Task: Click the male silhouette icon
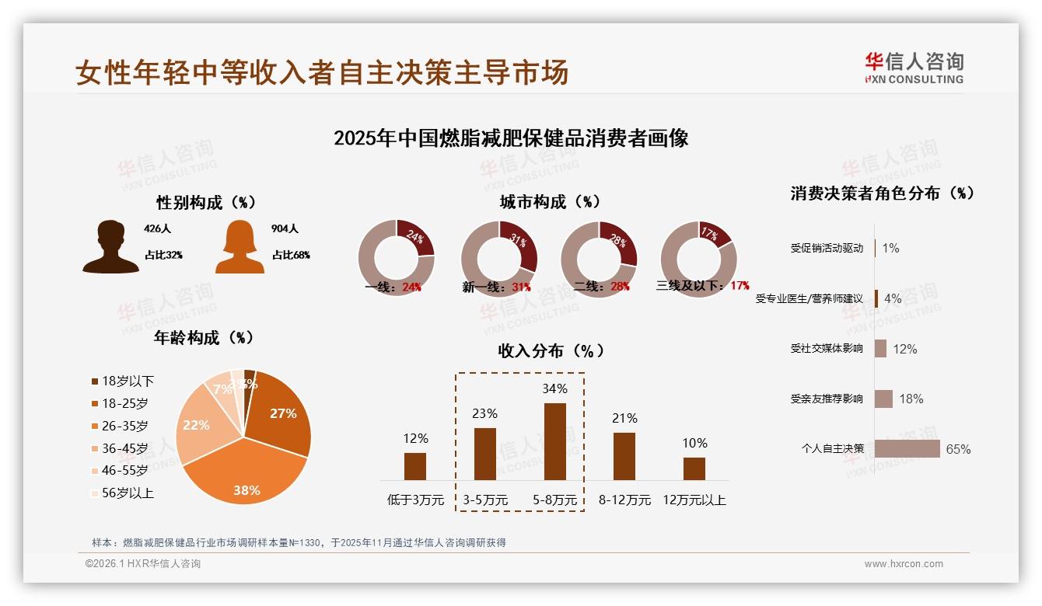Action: (110, 246)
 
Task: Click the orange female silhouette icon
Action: (240, 246)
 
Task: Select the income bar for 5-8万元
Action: (555, 441)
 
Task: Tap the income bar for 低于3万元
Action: (415, 466)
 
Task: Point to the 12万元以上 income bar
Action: (694, 468)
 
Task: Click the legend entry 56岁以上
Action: (128, 493)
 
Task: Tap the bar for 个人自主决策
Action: (907, 448)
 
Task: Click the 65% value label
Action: (958, 449)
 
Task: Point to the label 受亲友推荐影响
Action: (827, 399)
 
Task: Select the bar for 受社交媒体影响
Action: (880, 348)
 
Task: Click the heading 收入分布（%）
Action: (551, 350)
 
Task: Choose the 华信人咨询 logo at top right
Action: (914, 67)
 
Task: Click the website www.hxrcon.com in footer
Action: (904, 564)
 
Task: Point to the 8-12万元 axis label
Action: (624, 500)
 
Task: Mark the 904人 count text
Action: (285, 229)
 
